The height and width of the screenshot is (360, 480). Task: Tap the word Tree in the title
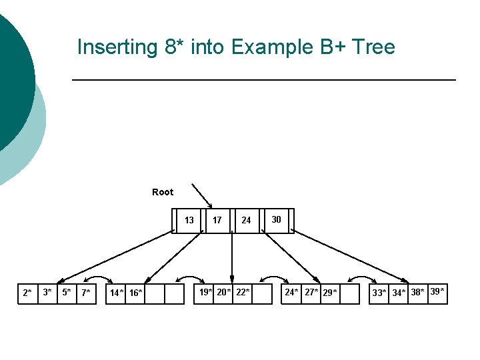coord(373,47)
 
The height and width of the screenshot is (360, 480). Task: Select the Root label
coord(163,192)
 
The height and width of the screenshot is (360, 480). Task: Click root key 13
coord(189,220)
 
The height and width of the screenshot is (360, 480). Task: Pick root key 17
coord(217,220)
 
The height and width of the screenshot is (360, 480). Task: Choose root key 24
coord(246,220)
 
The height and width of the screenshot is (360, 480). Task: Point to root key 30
coord(276,219)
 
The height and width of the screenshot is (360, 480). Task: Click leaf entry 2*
coord(27,293)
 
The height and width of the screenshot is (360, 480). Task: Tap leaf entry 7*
coord(85,293)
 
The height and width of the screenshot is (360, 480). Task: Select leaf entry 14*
coord(117,293)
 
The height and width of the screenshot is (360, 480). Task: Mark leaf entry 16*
coord(135,293)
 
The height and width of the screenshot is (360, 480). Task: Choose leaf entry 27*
coord(311,292)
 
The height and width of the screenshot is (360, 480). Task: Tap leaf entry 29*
coord(330,293)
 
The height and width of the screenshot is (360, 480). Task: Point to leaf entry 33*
coord(379,293)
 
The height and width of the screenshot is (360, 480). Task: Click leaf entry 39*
coord(437,291)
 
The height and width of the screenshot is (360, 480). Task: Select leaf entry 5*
coord(66,292)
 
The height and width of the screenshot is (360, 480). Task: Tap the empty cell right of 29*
coord(349,293)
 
